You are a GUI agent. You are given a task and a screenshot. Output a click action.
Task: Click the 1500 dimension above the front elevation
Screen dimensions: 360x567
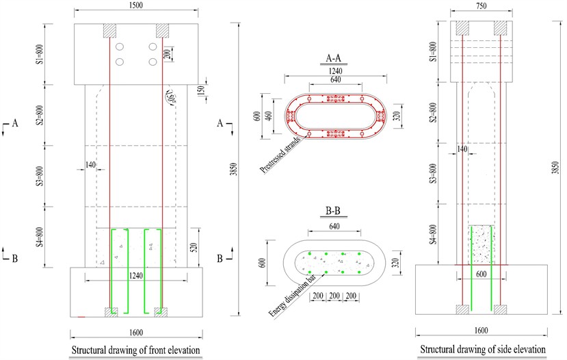[x=135, y=5]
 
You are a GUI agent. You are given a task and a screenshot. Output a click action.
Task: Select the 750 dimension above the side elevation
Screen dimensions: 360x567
[x=482, y=5]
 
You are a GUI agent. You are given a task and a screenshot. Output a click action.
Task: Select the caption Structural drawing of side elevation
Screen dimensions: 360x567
[x=482, y=350]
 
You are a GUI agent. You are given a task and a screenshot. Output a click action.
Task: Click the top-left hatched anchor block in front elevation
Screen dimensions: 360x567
[x=109, y=31]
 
